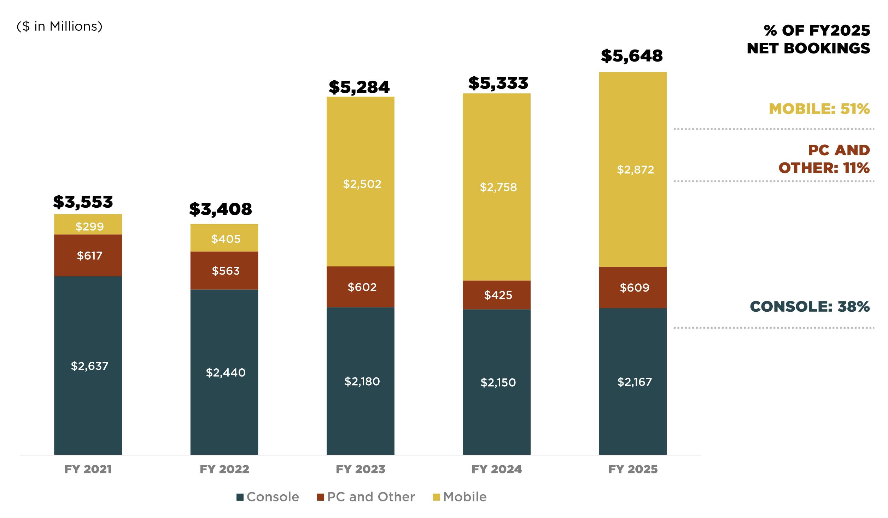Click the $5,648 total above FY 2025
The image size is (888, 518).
[x=632, y=56]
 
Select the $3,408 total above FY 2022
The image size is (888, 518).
[x=221, y=209]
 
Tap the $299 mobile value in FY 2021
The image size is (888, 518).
[x=89, y=226]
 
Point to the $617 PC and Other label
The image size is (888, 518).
[x=89, y=255]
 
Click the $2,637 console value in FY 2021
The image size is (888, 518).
[x=89, y=366]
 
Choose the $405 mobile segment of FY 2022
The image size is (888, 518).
[x=226, y=239]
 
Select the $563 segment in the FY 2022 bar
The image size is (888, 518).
[x=226, y=271]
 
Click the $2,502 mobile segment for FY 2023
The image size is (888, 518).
[x=362, y=184]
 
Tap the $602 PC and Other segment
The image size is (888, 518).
[x=362, y=287]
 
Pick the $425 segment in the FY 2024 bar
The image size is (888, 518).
[x=498, y=295]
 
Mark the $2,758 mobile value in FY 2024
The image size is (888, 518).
[x=498, y=187]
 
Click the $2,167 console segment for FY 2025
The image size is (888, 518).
[x=635, y=382]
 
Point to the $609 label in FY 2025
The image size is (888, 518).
[x=635, y=288]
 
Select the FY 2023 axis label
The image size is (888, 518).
[x=360, y=469]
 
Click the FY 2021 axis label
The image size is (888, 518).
[x=88, y=469]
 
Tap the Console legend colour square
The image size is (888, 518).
[x=240, y=497]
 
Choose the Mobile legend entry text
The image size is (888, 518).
[x=465, y=497]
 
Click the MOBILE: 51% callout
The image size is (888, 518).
[x=819, y=109]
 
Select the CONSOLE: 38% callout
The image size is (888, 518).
[x=810, y=307]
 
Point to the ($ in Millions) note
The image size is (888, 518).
[x=59, y=27]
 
